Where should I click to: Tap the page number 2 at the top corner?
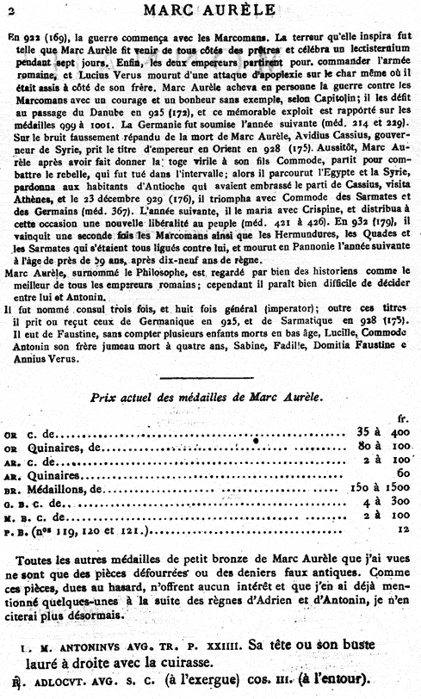(7, 11)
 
